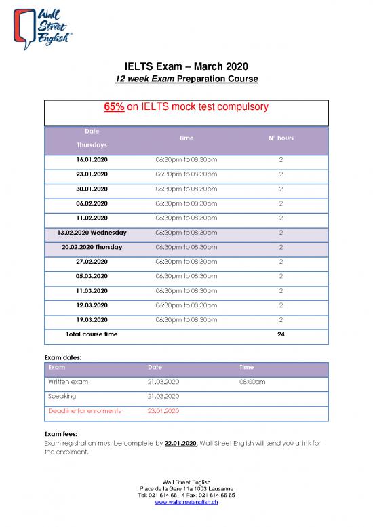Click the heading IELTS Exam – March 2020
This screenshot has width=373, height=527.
[x=186, y=66]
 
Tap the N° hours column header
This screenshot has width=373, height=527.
[x=280, y=138]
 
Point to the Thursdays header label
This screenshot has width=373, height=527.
[x=91, y=145]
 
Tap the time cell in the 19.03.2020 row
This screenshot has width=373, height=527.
[x=186, y=319]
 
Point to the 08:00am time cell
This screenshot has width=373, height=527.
[x=252, y=382]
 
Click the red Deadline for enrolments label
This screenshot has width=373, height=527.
[x=84, y=410]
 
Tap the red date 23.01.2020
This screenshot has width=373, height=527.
[x=163, y=410]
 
